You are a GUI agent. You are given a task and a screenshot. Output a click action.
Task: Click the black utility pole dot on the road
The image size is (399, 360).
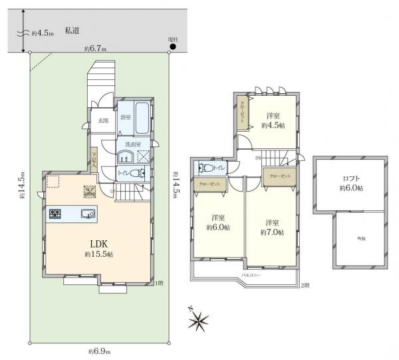pyautogui.click(x=173, y=47)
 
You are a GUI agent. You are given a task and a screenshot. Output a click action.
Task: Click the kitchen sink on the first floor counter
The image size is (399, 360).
pyautogui.click(x=88, y=214)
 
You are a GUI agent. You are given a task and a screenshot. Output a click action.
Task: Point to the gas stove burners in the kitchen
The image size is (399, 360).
pyautogui.click(x=55, y=214)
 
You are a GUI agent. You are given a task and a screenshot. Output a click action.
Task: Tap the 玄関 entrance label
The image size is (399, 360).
pyautogui.click(x=103, y=121)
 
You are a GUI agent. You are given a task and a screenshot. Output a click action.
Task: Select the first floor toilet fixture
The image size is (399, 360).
pyautogui.click(x=135, y=172)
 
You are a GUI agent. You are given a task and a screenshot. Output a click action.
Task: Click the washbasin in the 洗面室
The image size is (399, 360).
pyautogui.click(x=125, y=157)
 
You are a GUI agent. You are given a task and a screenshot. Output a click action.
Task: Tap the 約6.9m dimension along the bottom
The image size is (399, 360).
pyautogui.click(x=99, y=351)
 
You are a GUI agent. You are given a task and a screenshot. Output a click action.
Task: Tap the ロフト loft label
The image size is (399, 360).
pyautogui.click(x=352, y=183)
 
